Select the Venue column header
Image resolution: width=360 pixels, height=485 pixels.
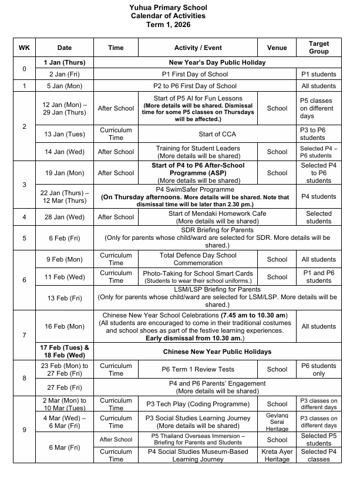(x=277, y=47)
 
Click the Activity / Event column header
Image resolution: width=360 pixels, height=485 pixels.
(x=198, y=47)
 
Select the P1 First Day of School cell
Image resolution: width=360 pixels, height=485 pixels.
(x=195, y=74)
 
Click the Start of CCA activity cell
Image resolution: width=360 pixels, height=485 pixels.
(x=198, y=133)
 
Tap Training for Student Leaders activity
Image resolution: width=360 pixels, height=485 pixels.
(x=198, y=148)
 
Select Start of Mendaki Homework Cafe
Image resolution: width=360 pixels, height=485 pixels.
(x=198, y=213)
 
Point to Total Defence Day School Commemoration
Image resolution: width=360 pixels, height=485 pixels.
(x=198, y=259)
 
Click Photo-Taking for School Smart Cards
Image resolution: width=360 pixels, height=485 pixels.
(x=198, y=273)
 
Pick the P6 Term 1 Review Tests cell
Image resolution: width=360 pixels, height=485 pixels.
(x=198, y=369)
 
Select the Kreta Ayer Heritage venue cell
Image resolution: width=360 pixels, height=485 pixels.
(x=277, y=455)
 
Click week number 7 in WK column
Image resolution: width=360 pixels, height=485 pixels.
(x=24, y=335)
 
